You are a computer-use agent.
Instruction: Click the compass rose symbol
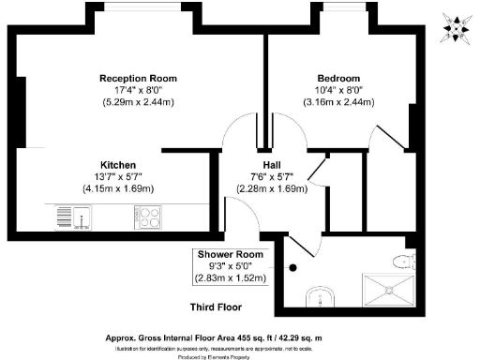(x=457, y=27)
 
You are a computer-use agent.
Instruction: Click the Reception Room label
(x=138, y=78)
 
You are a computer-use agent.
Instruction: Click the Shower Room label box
(x=231, y=265)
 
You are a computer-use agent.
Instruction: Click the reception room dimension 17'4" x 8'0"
(x=138, y=90)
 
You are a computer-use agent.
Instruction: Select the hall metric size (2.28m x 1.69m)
(x=261, y=187)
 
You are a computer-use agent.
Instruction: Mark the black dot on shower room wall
(x=293, y=268)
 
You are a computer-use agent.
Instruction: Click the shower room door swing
(x=298, y=246)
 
